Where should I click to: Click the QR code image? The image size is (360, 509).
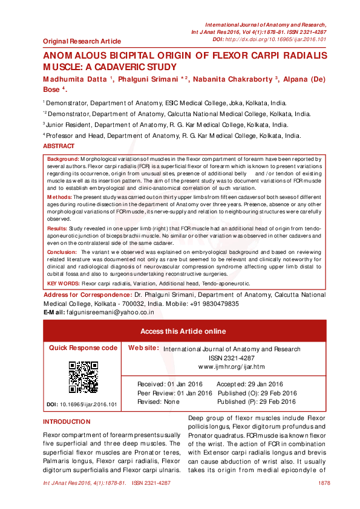pos(83,377)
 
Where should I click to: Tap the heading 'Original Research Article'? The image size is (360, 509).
pos(82,42)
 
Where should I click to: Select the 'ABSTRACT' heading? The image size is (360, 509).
pos(59,147)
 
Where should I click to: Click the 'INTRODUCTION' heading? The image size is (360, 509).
pos(67,422)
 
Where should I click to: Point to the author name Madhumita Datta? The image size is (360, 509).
pos(75,79)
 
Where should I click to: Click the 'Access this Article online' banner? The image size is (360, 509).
pos(183,331)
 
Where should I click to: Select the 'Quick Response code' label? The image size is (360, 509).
pos(83,348)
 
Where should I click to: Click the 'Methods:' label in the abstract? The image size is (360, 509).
pos(60,197)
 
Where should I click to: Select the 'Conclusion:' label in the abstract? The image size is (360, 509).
pos(62,251)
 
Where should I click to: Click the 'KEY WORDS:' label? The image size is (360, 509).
pos(64,283)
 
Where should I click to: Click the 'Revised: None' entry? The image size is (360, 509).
pos(159,401)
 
